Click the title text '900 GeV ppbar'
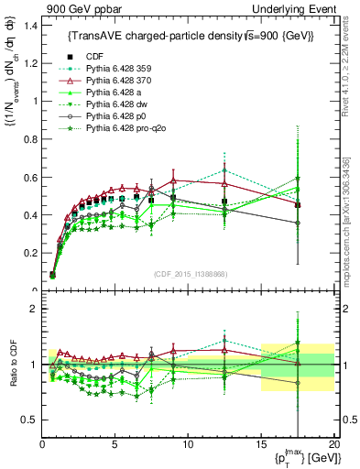75,9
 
